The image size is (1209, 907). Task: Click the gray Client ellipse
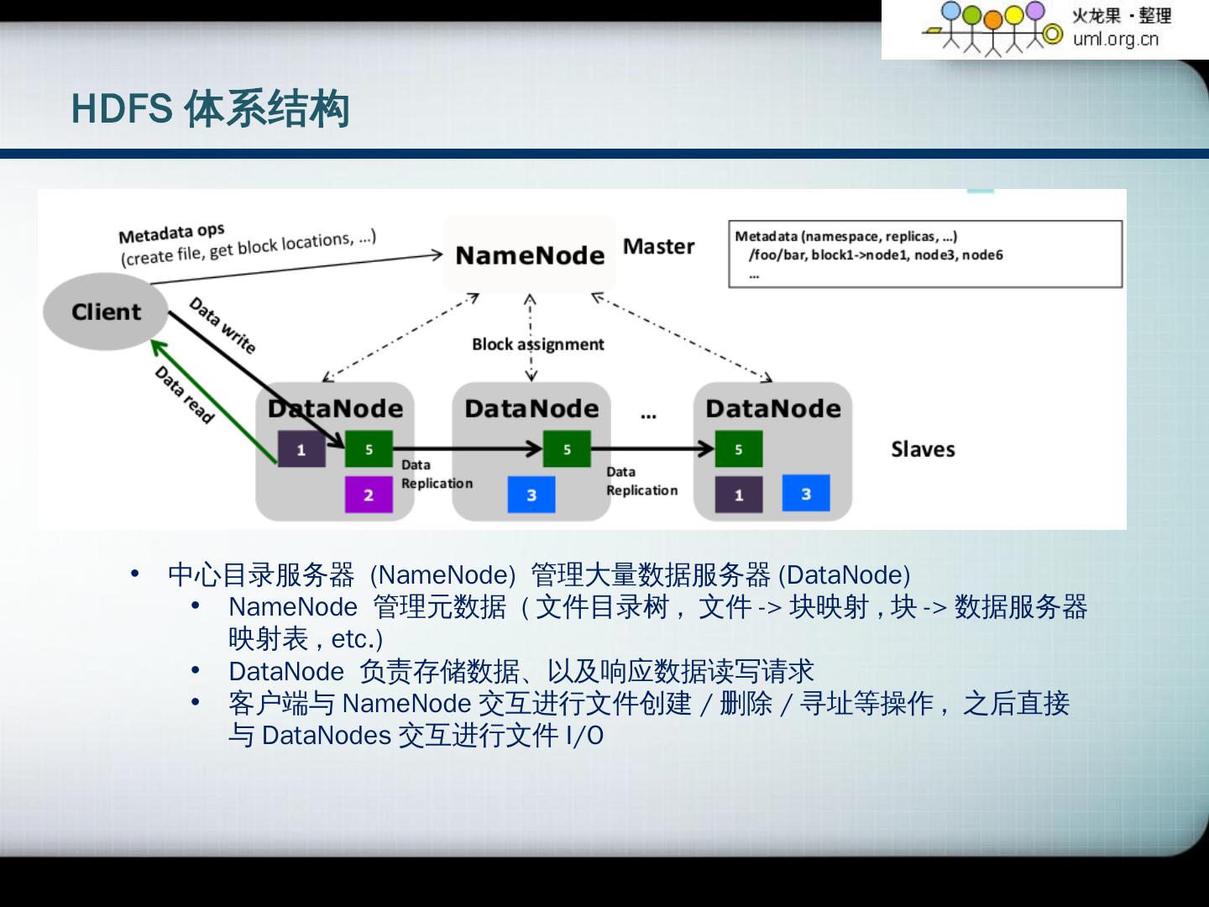(x=106, y=312)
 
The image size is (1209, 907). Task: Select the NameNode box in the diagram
(x=530, y=255)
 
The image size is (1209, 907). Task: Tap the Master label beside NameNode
(x=659, y=247)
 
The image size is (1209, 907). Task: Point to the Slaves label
(x=923, y=449)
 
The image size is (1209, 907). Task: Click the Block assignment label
(x=537, y=344)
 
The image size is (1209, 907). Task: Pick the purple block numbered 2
(x=369, y=495)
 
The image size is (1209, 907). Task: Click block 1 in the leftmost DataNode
(x=301, y=450)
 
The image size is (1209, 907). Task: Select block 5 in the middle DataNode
(x=567, y=449)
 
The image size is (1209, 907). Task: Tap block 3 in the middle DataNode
(x=531, y=495)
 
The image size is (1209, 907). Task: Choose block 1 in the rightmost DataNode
(x=739, y=495)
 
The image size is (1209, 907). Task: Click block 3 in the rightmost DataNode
(x=806, y=493)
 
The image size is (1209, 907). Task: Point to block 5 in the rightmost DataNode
(x=739, y=449)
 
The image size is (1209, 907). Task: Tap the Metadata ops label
(x=171, y=233)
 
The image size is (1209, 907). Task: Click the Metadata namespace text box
(x=925, y=254)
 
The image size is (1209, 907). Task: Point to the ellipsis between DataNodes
(x=648, y=416)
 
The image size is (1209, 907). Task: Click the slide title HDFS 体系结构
(x=210, y=109)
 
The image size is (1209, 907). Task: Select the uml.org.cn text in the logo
(x=1115, y=39)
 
